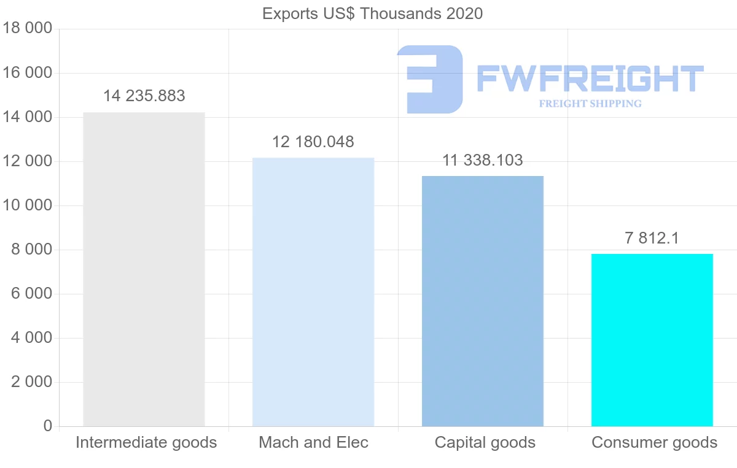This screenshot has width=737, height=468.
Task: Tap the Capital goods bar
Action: coord(483,301)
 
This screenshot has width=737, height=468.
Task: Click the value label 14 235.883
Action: coord(144,96)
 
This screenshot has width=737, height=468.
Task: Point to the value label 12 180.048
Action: coord(313,142)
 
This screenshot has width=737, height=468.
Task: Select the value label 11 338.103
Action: coord(483,161)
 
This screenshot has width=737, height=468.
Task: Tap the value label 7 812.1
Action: coord(652,239)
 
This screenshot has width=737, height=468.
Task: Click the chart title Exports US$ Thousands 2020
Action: coord(372,13)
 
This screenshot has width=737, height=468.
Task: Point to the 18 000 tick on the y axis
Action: coord(28,29)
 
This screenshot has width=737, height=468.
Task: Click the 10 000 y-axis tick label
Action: coord(28,205)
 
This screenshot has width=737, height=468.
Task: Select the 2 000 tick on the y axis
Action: coord(31,382)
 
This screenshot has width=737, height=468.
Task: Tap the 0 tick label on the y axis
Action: coord(48,426)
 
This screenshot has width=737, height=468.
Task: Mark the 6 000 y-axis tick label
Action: coord(31,294)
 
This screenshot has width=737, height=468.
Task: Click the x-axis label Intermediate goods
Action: coord(146,442)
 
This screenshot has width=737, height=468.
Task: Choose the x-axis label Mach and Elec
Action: coord(313,442)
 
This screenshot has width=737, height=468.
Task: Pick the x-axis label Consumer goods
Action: coord(654,442)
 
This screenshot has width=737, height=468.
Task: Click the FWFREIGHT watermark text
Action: coord(590,79)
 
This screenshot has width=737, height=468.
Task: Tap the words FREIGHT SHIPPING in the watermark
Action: coord(590,104)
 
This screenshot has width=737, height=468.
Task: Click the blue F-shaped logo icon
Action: coord(430,79)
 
